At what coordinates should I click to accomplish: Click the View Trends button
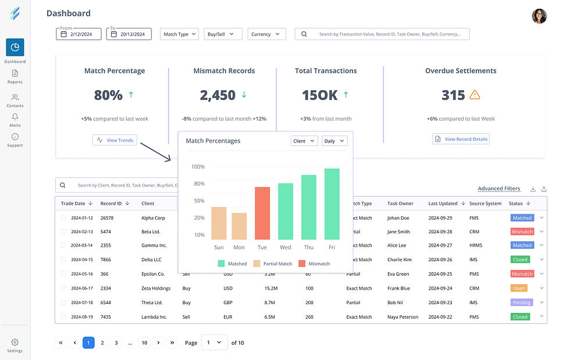tap(115, 140)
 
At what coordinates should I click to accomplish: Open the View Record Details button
tap(461, 139)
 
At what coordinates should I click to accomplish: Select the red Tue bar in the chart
tap(262, 213)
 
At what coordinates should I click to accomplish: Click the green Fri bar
tap(332, 204)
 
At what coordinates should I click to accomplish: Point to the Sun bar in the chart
tap(219, 223)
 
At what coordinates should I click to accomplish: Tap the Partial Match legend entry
tap(272, 263)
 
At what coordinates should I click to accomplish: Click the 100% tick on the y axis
tap(198, 167)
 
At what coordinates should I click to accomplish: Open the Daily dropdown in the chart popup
tap(334, 141)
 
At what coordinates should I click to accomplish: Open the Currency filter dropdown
tap(266, 34)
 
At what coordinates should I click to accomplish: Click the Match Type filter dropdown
tap(179, 34)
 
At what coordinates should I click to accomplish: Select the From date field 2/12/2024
tap(79, 34)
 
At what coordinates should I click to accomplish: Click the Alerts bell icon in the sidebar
tap(15, 117)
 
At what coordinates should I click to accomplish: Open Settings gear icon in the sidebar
tap(15, 343)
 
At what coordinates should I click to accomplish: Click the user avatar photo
tap(539, 16)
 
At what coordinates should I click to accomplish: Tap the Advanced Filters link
tap(498, 188)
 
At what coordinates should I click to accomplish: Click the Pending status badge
tap(521, 302)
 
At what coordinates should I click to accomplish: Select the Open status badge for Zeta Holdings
tap(519, 288)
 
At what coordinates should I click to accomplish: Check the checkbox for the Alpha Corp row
tap(63, 218)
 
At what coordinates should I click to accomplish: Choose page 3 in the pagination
tap(116, 343)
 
